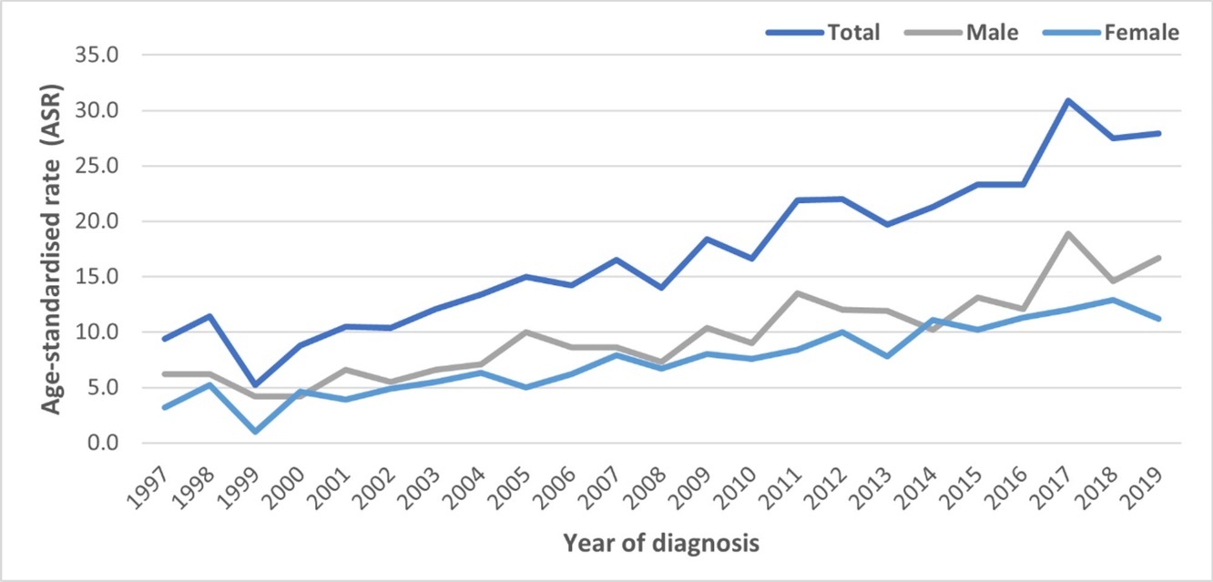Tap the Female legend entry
pos(1141,33)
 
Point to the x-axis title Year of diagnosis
pos(661,544)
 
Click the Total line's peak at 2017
pos(1068,100)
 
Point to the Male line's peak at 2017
pos(1068,233)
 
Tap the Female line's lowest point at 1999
pos(256,431)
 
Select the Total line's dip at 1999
pos(256,384)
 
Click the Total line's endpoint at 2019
pos(1158,133)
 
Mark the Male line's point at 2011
pos(798,293)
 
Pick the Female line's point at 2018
pos(1114,300)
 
